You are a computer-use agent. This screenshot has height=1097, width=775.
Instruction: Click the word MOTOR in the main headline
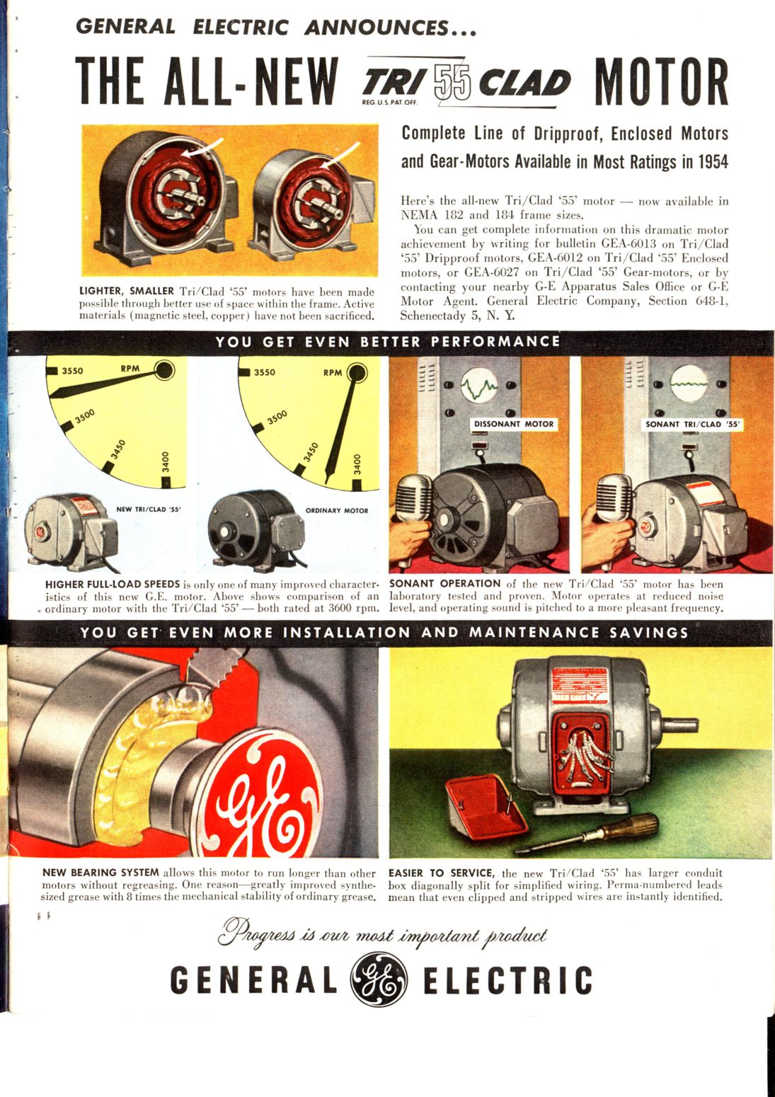point(661,81)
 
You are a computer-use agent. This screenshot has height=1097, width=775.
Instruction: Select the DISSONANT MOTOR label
point(514,424)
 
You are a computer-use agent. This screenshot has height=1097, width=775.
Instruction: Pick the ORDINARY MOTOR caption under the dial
point(337,510)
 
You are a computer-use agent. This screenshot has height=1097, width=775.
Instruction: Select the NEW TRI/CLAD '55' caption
point(149,509)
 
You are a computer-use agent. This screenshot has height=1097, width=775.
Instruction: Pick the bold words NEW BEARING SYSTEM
point(101,872)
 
